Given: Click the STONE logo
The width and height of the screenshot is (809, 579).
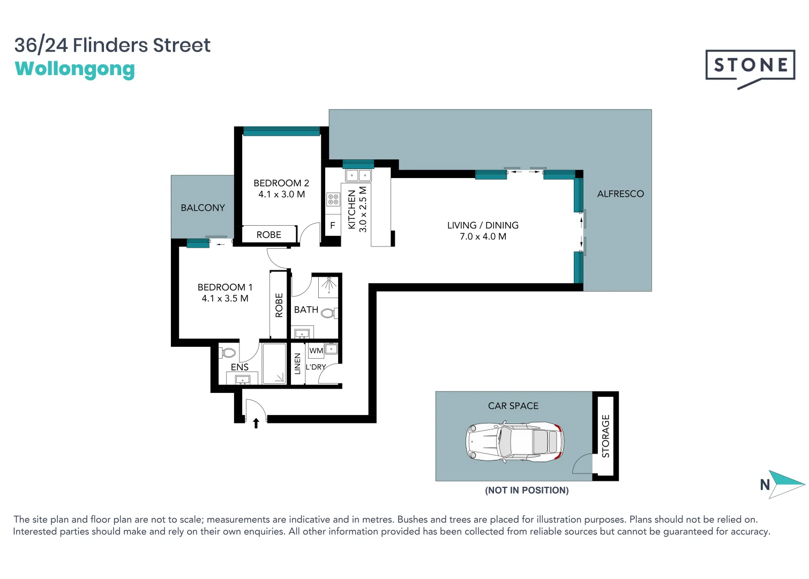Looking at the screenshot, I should (x=750, y=66).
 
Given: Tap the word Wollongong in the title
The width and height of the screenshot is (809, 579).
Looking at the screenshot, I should (x=75, y=69).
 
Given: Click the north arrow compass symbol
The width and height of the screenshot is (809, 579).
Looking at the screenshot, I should (x=785, y=484).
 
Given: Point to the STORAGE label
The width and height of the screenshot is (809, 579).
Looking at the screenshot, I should (x=605, y=436).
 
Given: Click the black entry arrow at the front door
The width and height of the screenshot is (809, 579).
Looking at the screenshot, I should (x=256, y=423).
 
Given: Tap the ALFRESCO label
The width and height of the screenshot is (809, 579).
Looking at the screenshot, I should (x=620, y=194).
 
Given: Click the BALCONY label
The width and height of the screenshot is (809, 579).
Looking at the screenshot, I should (x=203, y=208).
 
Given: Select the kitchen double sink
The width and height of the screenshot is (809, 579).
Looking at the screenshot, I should (x=358, y=175).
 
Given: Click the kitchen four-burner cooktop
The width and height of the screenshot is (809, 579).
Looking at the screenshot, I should (x=333, y=199).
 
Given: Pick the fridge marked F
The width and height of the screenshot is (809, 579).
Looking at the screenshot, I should (x=333, y=226).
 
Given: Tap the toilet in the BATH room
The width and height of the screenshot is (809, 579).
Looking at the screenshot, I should (x=329, y=313).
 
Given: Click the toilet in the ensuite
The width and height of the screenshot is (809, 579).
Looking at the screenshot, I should (x=229, y=353).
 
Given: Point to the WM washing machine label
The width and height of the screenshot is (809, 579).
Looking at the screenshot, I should (x=316, y=351).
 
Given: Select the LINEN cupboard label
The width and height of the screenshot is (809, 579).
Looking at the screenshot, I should (x=297, y=363).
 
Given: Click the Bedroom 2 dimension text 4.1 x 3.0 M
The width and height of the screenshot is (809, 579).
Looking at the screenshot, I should (x=281, y=195).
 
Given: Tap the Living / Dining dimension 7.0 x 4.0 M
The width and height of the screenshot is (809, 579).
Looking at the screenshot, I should (x=483, y=236).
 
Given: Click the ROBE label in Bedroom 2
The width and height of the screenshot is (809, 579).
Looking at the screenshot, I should (x=268, y=235).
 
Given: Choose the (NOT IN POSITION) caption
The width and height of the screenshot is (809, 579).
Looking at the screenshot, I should (x=527, y=490).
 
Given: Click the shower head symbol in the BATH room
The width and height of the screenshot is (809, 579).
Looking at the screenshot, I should (x=328, y=285).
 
